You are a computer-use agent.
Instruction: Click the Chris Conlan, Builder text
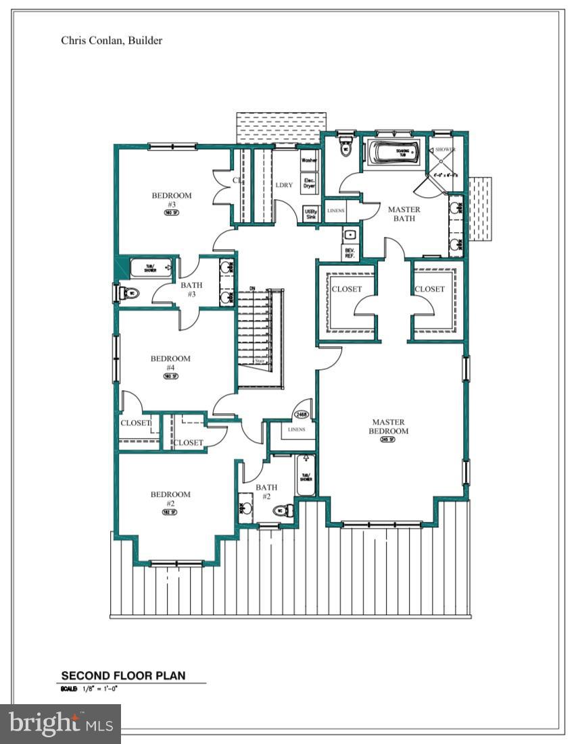click(x=112, y=41)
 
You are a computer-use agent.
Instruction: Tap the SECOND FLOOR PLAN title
click(x=123, y=675)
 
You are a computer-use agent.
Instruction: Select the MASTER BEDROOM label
click(x=389, y=427)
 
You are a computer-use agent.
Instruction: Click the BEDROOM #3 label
click(x=172, y=200)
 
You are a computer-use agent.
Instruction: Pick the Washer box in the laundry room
click(x=309, y=161)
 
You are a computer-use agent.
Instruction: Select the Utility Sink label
click(x=310, y=214)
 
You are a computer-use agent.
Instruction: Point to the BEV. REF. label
click(x=350, y=253)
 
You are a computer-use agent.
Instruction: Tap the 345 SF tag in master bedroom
click(x=387, y=440)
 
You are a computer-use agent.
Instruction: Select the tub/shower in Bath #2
click(x=306, y=477)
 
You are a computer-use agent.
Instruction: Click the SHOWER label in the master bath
click(x=445, y=149)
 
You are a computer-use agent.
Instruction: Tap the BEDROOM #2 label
click(x=170, y=498)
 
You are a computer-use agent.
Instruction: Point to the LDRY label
click(x=284, y=185)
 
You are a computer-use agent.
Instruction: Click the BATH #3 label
click(x=191, y=290)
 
